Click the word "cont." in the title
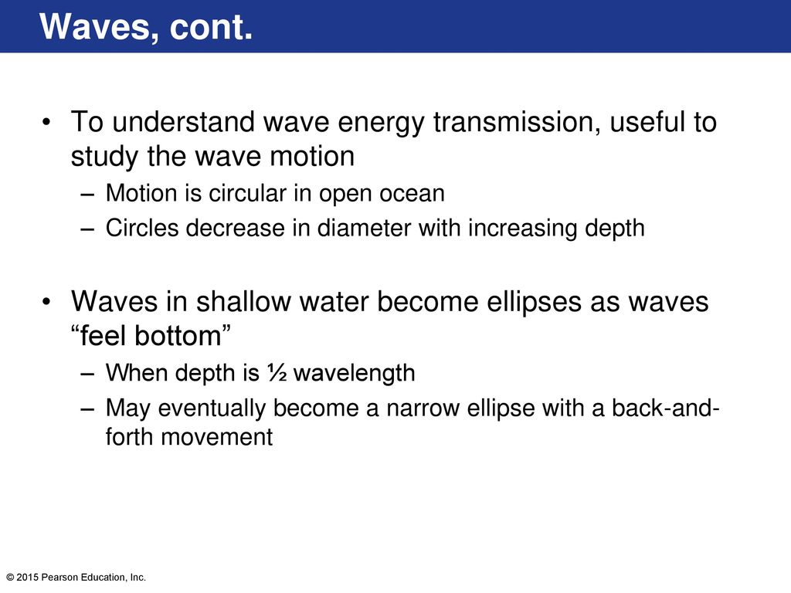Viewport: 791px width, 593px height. (211, 27)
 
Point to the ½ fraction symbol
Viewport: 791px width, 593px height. (277, 373)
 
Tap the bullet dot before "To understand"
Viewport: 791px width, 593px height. (46, 123)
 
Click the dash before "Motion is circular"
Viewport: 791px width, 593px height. (87, 194)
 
